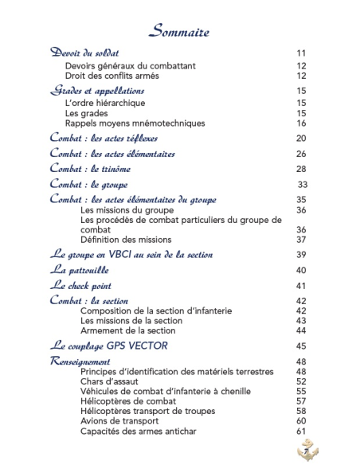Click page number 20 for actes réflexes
301,139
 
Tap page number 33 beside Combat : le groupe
303,185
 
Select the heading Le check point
80,285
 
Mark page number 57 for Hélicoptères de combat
301,402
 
